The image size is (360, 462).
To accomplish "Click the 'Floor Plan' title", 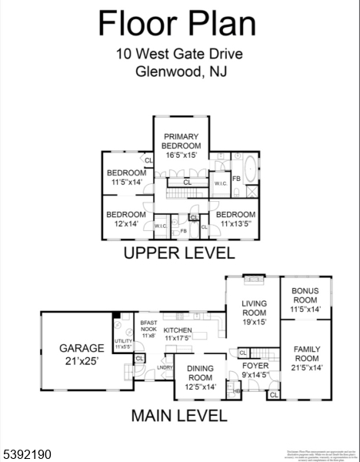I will (x=176, y=24).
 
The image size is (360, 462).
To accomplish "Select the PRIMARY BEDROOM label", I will (x=182, y=146).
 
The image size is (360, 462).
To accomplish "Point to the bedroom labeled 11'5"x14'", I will (x=125, y=177).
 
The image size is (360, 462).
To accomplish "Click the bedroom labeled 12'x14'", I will (x=125, y=219).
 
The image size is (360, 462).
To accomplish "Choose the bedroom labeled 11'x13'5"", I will (x=235, y=219).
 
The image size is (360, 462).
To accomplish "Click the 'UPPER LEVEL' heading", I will (x=178, y=253).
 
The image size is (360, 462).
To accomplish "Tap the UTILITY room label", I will (x=123, y=343).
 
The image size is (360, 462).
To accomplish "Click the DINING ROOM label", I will (x=201, y=377).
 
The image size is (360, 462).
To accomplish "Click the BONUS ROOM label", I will (x=305, y=300).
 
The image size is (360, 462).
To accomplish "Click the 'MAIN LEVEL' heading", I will (x=178, y=417).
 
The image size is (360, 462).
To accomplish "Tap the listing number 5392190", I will (x=28, y=455).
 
